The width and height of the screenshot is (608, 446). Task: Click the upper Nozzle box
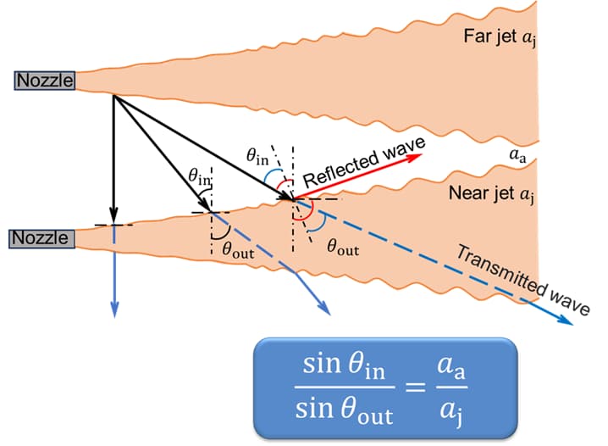[45, 81]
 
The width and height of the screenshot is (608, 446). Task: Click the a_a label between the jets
[517, 155]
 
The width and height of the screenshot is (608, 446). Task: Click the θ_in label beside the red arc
[257, 154]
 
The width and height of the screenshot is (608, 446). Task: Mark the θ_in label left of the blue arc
[200, 176]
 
